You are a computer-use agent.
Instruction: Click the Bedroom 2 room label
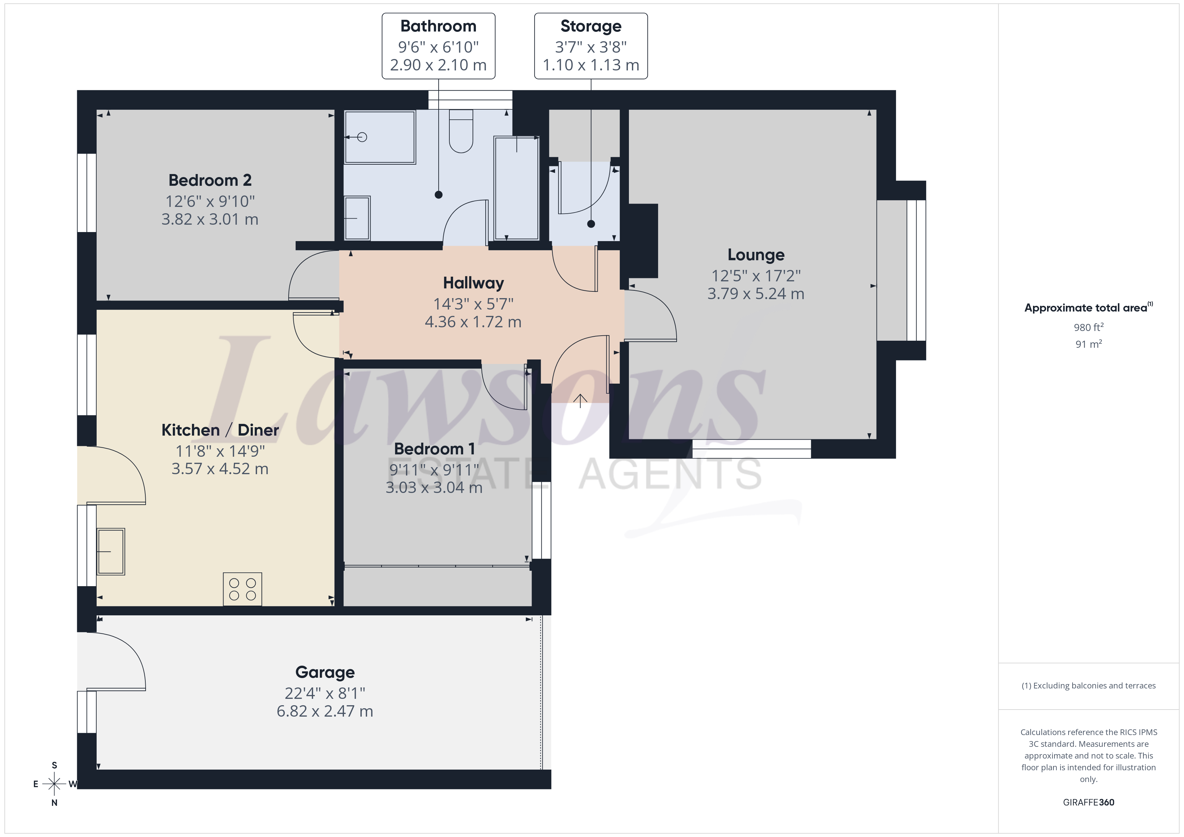[210, 180]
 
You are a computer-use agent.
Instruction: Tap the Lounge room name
[756, 255]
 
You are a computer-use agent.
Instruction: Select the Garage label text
[325, 673]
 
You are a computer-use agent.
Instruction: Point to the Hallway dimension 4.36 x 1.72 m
[473, 322]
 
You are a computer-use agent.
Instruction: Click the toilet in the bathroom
[461, 131]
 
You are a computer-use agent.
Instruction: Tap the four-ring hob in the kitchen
[242, 589]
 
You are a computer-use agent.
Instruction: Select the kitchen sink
[111, 552]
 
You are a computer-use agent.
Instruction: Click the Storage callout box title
[591, 26]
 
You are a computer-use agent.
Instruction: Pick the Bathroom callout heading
[438, 26]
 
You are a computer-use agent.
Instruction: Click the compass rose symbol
[54, 784]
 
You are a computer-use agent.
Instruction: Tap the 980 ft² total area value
[1089, 327]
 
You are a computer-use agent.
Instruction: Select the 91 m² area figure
[1089, 344]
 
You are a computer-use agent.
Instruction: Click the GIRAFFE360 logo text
[1089, 802]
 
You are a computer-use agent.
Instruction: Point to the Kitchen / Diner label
[220, 430]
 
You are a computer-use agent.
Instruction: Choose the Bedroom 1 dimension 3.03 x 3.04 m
[434, 488]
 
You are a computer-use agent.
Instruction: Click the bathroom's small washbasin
[357, 218]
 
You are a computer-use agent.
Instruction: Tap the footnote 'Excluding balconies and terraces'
[1094, 685]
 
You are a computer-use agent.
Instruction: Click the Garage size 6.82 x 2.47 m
[325, 711]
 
